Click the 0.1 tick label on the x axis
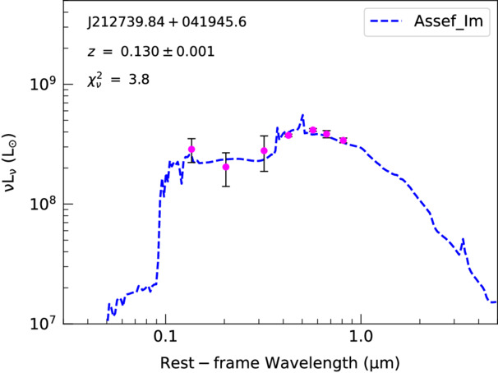tap(165, 337)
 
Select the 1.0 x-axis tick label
tap(358, 337)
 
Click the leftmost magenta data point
tap(191, 150)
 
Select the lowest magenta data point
tap(226, 167)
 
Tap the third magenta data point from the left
tap(264, 150)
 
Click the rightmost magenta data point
tap(343, 140)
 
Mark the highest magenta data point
tap(313, 130)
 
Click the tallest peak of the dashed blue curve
tap(303, 116)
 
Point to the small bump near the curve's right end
tap(463, 240)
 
